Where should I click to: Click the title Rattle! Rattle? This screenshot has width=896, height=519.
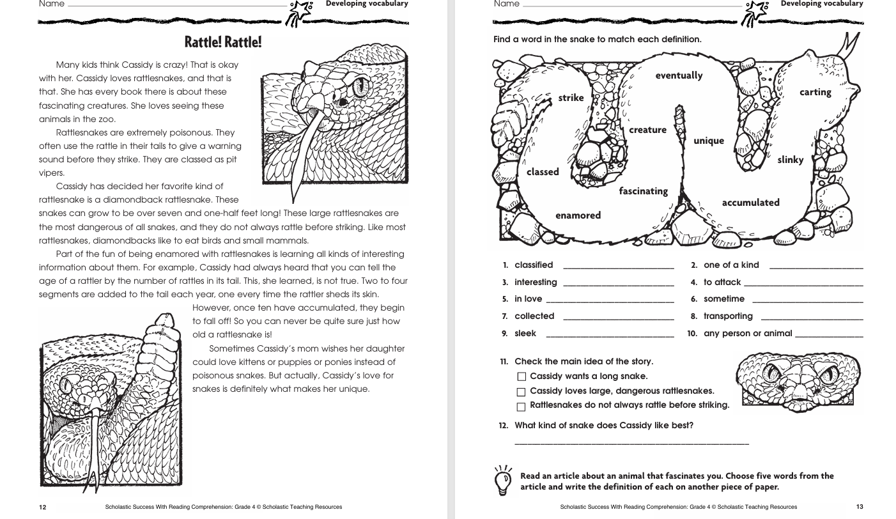point(223,43)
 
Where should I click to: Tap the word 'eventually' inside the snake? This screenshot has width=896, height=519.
point(679,75)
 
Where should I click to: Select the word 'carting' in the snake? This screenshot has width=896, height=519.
point(815,92)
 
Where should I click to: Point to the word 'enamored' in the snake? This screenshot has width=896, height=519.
point(578,215)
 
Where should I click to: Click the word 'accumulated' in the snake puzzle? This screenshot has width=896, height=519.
point(750,203)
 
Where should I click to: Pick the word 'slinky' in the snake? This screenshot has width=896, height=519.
point(790,160)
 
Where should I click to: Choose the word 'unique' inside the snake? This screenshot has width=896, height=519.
point(709,141)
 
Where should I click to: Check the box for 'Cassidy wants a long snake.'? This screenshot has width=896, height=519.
point(521,377)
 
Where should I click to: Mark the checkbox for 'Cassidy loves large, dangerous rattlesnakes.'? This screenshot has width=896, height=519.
point(521,392)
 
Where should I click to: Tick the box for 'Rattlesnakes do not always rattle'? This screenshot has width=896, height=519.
point(521,407)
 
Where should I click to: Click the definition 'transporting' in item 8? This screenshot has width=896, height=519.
point(728,316)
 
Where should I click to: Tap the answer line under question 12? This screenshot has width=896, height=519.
point(631,442)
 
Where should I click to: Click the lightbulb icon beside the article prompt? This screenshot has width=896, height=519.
point(504,480)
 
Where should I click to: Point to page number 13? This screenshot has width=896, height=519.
point(860,507)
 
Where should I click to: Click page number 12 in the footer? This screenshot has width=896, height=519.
point(43,507)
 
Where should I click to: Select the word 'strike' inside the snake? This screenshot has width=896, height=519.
point(571,98)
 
